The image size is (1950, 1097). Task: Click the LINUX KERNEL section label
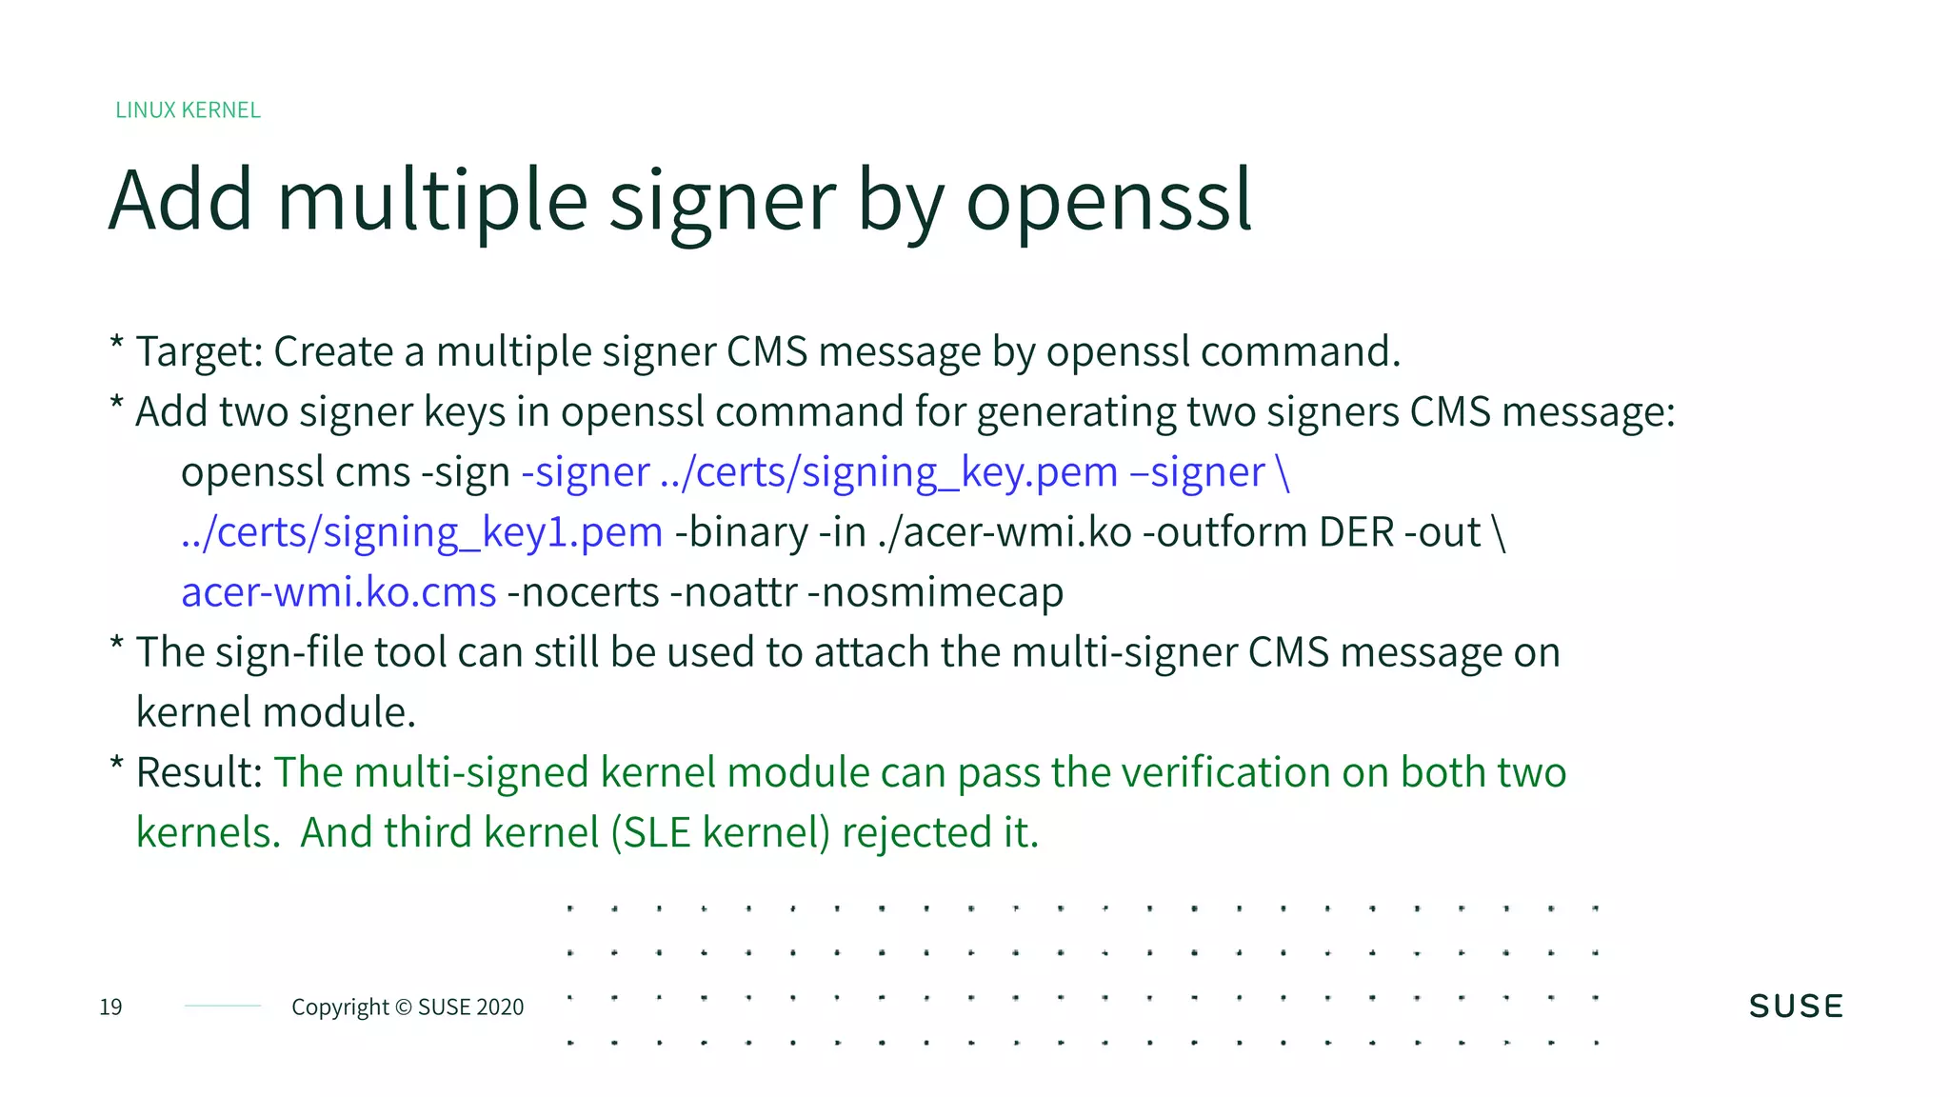[188, 110]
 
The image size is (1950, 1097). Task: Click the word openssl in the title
[1108, 201]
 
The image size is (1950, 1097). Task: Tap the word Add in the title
[181, 201]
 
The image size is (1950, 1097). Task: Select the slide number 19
[110, 1007]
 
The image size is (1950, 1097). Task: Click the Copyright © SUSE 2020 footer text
[408, 1007]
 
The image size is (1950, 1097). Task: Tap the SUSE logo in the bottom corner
[1796, 1007]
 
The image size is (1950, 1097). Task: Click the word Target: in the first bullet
[199, 351]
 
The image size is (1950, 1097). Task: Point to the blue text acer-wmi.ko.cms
[339, 592]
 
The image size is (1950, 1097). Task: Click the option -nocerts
[584, 592]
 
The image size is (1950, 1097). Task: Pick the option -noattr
[733, 592]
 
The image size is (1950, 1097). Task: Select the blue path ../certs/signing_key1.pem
[422, 532]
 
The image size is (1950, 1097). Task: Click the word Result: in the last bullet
[199, 772]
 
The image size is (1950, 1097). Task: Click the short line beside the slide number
[223, 1006]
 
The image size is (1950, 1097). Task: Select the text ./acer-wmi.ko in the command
[1005, 532]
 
